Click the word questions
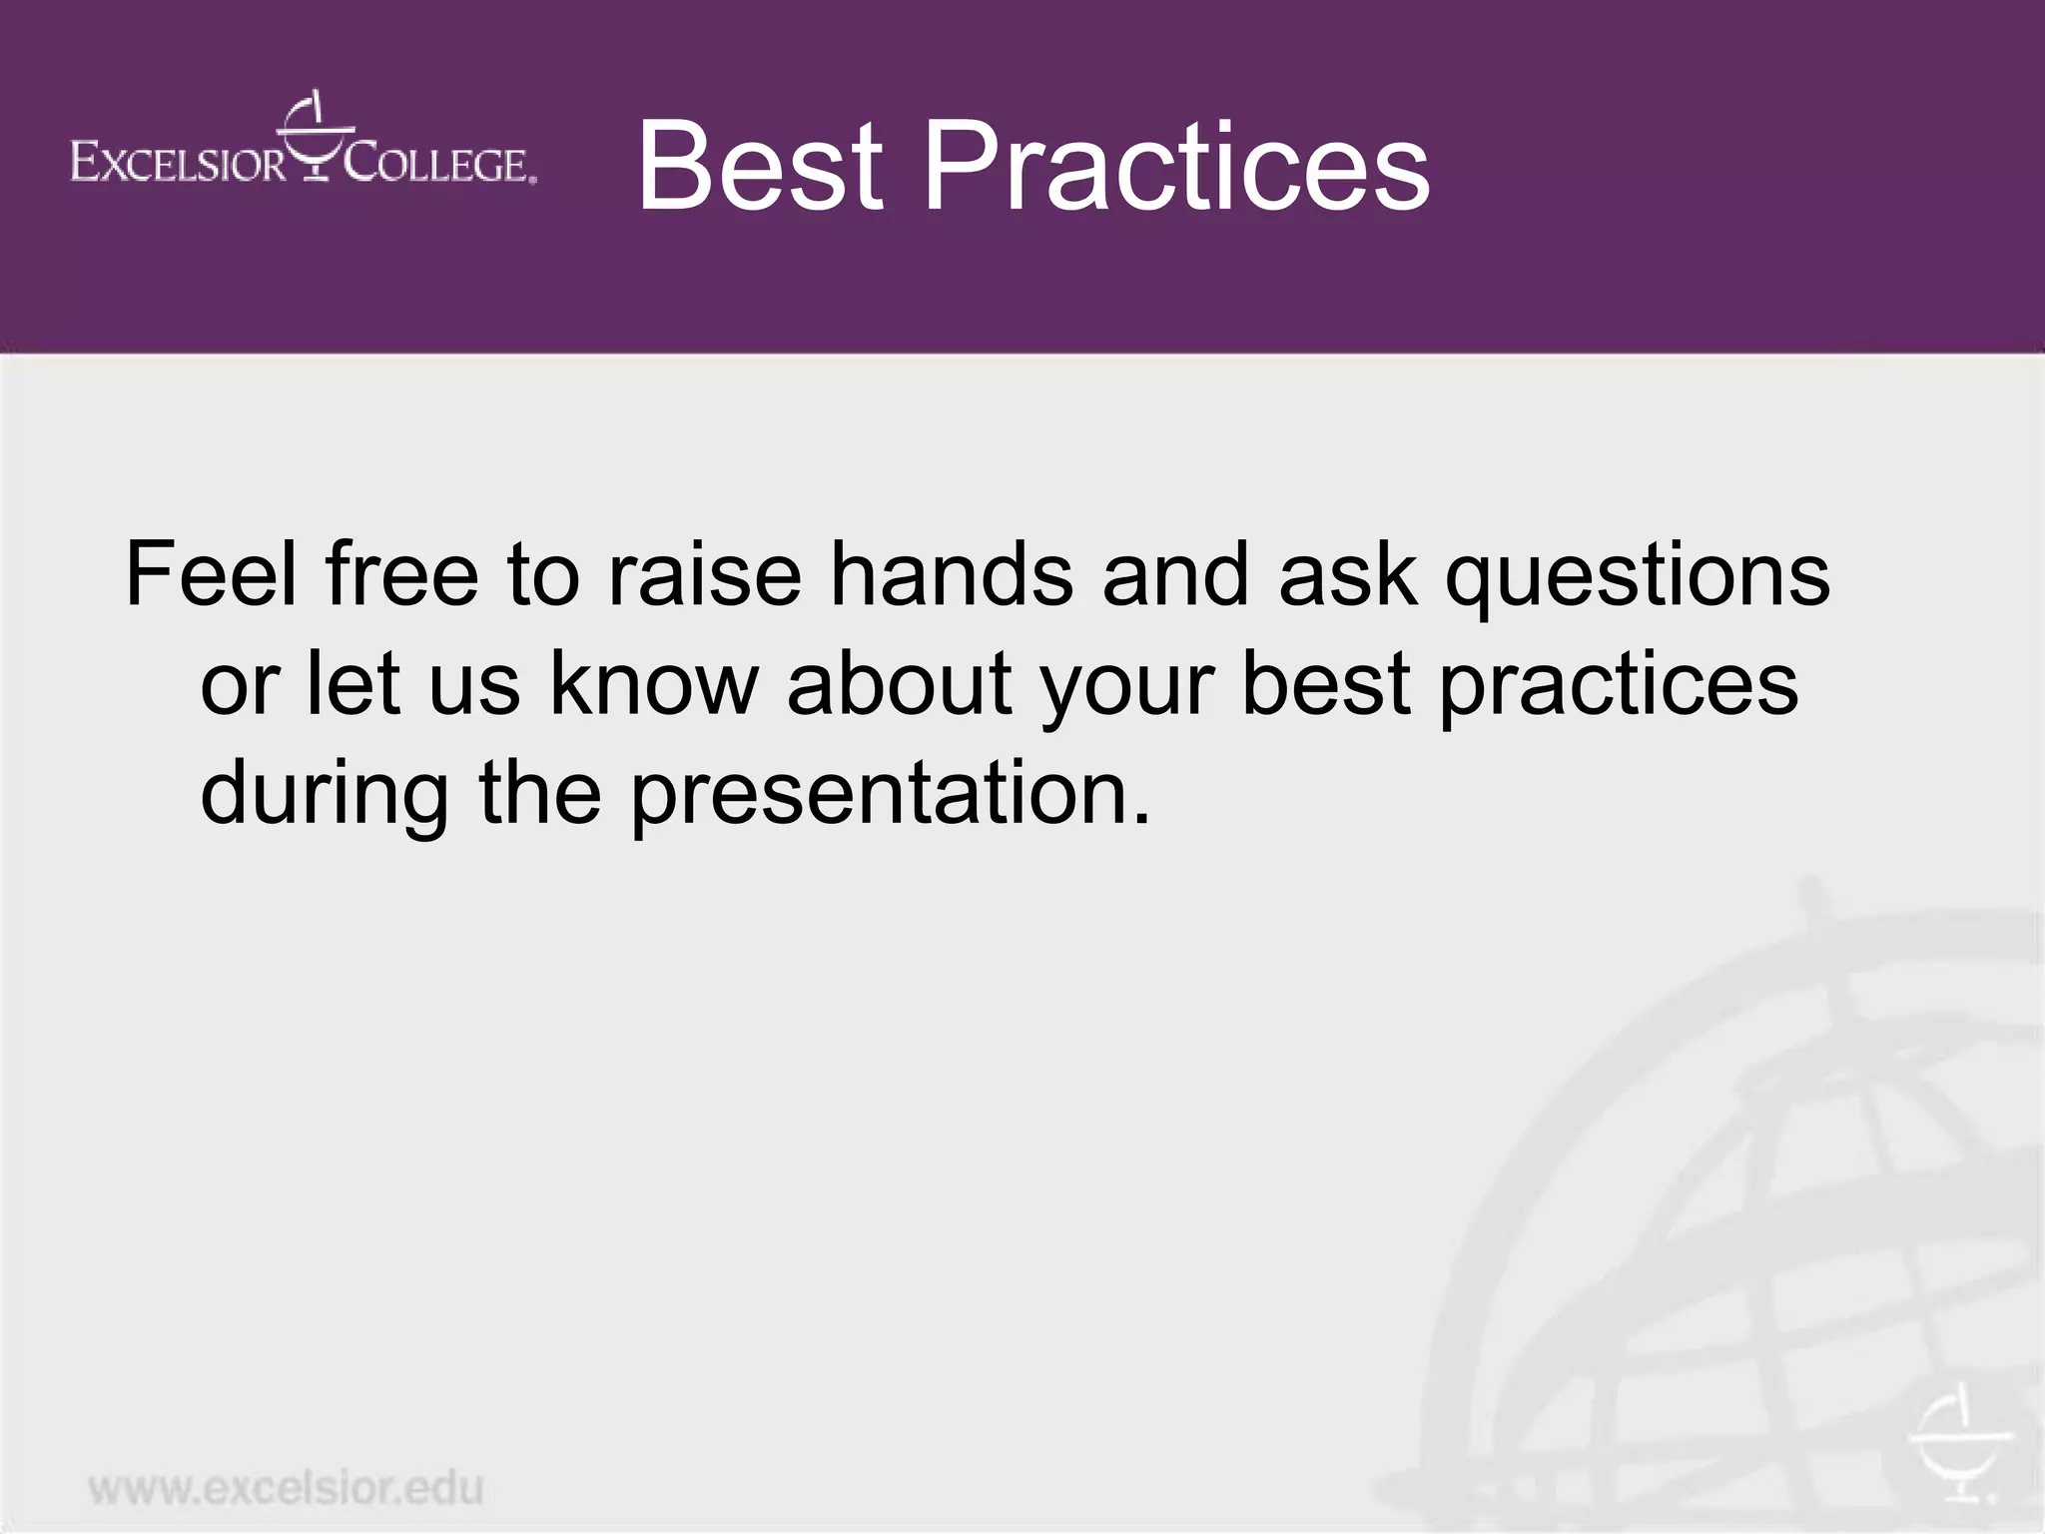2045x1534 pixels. (1638, 576)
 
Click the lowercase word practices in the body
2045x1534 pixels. (1618, 686)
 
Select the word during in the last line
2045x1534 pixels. (325, 794)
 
